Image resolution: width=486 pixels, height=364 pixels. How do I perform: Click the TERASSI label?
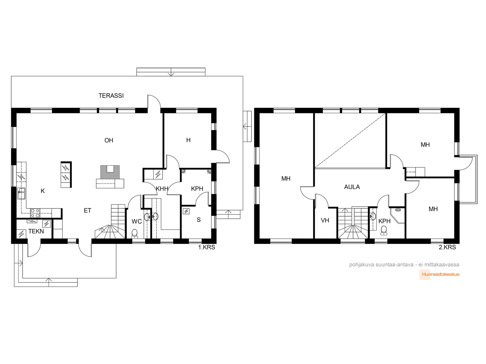click(111, 96)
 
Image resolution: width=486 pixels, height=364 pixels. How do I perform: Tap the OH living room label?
click(109, 140)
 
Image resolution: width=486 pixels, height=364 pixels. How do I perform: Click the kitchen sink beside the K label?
click(21, 194)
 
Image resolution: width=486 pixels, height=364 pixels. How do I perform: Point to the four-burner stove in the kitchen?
click(35, 213)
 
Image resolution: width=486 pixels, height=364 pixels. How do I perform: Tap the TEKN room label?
click(36, 231)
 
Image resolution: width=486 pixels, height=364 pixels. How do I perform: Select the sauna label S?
click(199, 220)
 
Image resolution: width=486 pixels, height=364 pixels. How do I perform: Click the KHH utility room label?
click(162, 189)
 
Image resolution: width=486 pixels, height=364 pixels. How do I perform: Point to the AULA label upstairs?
click(352, 187)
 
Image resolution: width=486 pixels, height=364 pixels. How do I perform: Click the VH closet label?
click(325, 220)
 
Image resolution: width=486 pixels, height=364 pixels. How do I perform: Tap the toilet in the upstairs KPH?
click(384, 230)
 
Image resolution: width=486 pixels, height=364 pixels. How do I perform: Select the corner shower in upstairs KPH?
click(397, 215)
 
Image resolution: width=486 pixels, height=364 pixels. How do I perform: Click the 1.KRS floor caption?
click(207, 247)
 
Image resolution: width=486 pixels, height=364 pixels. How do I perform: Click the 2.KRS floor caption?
click(447, 247)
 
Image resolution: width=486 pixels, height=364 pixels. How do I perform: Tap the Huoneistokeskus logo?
click(439, 275)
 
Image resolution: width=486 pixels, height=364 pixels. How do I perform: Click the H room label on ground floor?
click(188, 140)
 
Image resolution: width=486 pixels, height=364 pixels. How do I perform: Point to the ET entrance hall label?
click(87, 211)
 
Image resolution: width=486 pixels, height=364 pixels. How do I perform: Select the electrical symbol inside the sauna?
click(186, 211)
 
